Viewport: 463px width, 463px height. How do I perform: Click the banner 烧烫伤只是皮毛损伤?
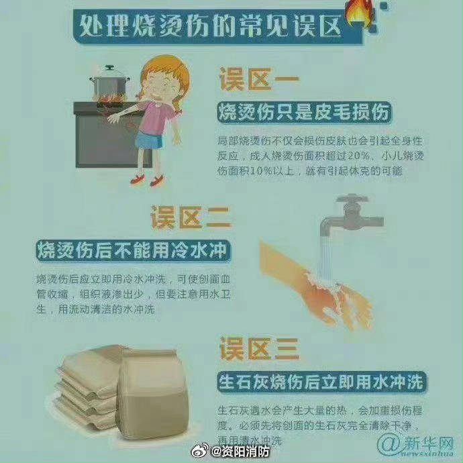coord(304,113)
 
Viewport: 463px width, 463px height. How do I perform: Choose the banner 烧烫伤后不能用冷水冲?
coord(130,250)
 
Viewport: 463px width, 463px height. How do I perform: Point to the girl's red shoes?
coord(147,180)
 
